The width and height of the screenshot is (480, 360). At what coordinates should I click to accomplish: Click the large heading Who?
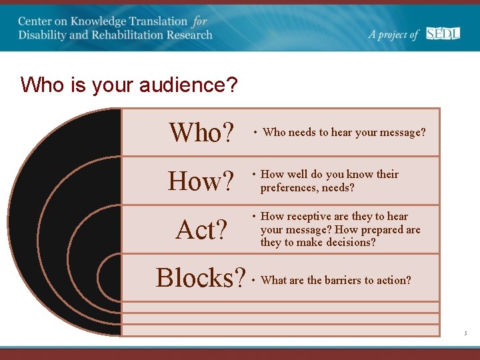click(202, 133)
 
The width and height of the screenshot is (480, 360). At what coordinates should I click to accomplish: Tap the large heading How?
click(201, 181)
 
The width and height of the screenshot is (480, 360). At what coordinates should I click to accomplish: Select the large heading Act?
click(202, 230)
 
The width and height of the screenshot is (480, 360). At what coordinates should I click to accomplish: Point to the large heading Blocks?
click(201, 278)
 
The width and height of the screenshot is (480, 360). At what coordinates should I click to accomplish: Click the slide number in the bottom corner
click(467, 331)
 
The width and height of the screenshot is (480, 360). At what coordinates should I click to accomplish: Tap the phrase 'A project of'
click(393, 34)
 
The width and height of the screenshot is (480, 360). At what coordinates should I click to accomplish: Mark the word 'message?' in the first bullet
click(402, 132)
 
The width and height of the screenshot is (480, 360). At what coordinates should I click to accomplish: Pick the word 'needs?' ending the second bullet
click(338, 187)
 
